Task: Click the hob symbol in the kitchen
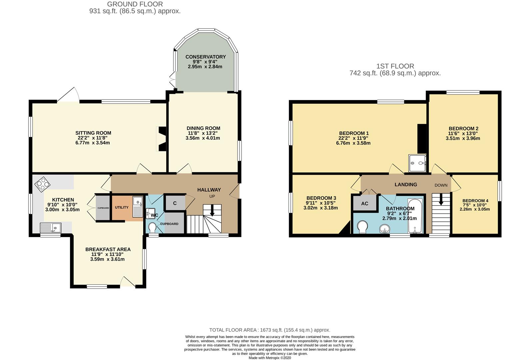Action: click(x=42, y=184)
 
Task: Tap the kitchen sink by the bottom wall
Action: click(x=50, y=228)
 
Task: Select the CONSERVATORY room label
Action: click(x=206, y=57)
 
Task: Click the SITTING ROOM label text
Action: click(x=93, y=133)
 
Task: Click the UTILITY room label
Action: click(x=122, y=207)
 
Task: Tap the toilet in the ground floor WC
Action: click(x=152, y=227)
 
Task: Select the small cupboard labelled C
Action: click(x=175, y=203)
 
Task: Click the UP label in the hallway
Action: click(x=212, y=196)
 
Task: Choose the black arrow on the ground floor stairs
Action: click(x=212, y=210)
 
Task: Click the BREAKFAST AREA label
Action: click(x=108, y=249)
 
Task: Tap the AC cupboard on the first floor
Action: click(x=365, y=203)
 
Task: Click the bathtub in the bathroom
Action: click(x=415, y=216)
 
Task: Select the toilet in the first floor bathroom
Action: click(x=362, y=227)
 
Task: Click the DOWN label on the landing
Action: click(x=441, y=185)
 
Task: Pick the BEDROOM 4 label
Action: click(x=475, y=201)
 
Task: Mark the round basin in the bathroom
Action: click(x=384, y=229)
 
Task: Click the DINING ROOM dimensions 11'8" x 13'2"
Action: click(x=203, y=133)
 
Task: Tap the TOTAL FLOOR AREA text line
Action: click(x=270, y=330)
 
